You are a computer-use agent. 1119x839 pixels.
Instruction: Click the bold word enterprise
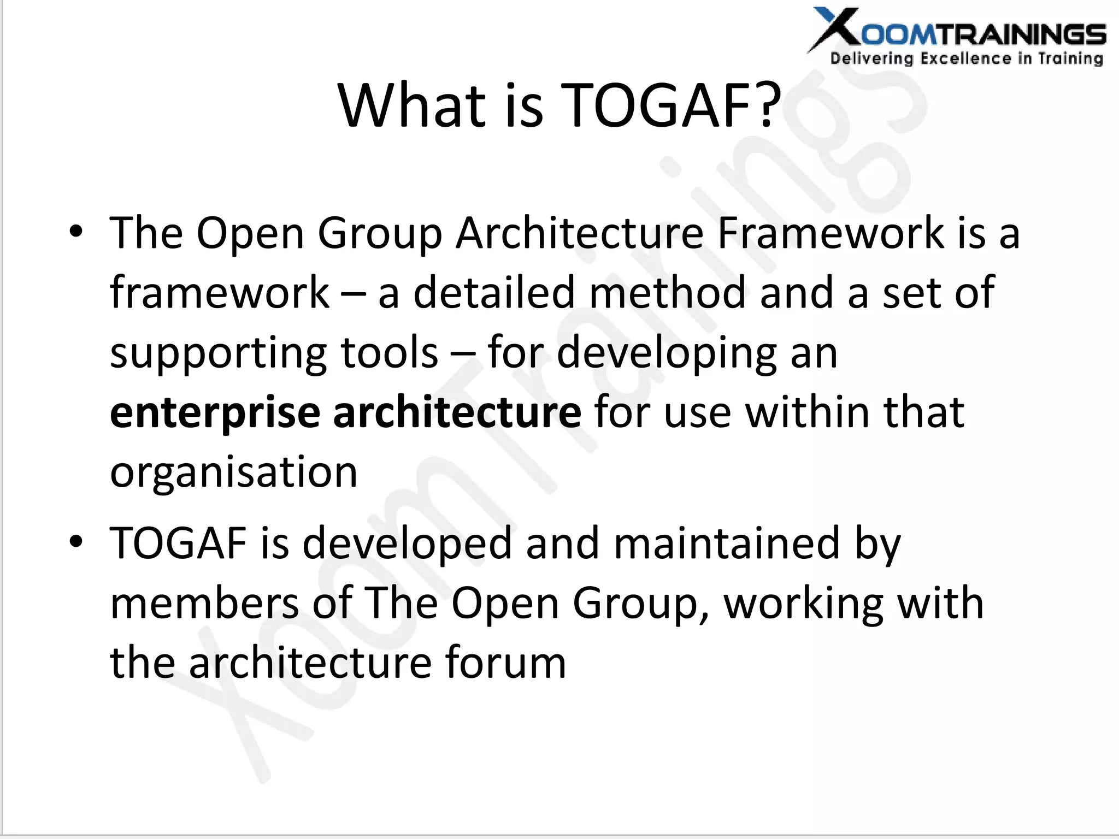point(215,413)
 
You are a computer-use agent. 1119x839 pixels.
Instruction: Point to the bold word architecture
point(457,413)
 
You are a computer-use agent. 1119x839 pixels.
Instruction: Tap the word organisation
point(234,473)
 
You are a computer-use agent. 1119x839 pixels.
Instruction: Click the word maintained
point(726,543)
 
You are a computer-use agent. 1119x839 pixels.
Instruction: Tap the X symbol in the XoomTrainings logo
point(836,30)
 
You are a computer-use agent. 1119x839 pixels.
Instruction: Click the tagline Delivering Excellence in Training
point(967,58)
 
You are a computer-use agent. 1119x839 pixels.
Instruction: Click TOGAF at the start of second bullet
point(178,543)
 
